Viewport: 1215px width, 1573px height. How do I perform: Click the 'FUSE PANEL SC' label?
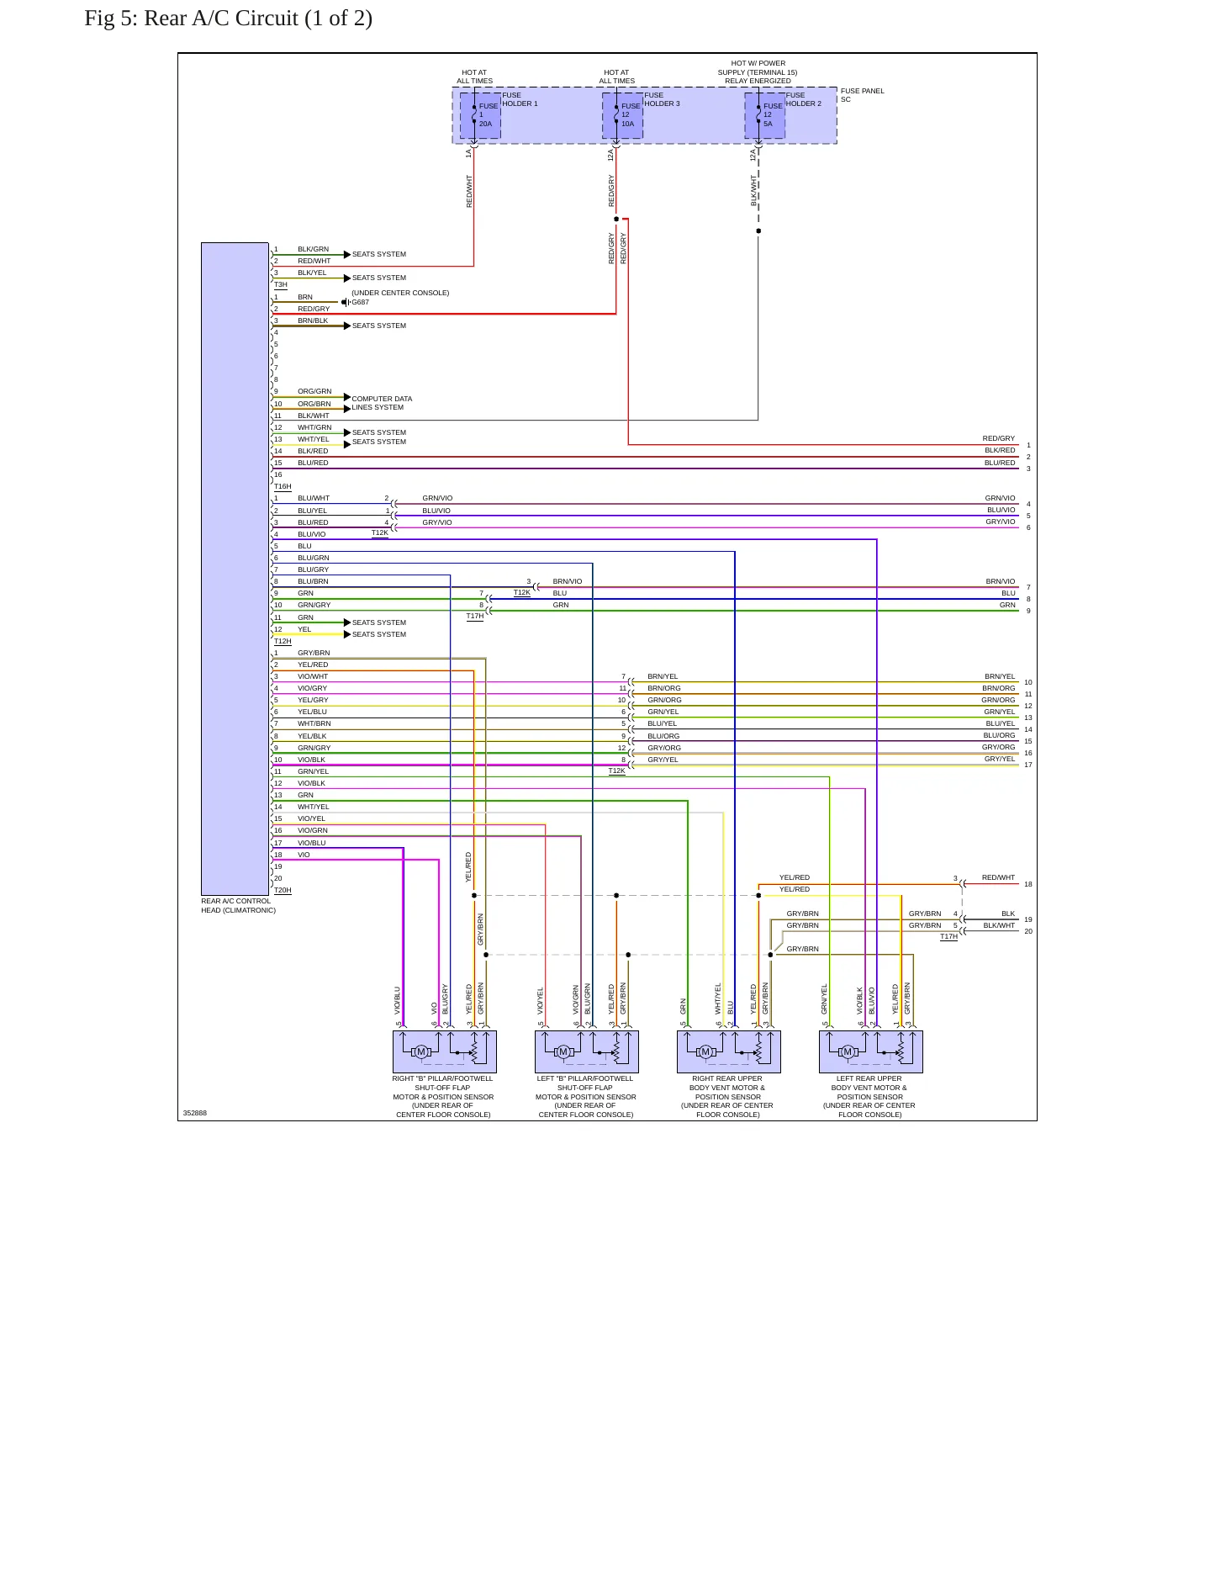tap(862, 95)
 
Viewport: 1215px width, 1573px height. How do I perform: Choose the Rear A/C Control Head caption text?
tap(238, 906)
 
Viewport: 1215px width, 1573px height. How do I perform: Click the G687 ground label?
tap(360, 302)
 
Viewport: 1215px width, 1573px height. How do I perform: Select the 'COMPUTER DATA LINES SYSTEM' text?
tap(382, 403)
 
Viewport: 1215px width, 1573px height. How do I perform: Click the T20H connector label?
tap(283, 890)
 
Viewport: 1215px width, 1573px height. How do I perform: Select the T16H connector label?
tap(283, 486)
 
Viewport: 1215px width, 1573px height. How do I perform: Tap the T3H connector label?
tap(281, 284)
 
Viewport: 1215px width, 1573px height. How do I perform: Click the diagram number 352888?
tap(195, 1113)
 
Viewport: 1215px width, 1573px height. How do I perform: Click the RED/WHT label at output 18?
tap(998, 877)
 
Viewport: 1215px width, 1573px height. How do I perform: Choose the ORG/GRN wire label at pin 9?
tap(314, 391)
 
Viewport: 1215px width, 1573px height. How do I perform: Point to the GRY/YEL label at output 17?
tap(1000, 759)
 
